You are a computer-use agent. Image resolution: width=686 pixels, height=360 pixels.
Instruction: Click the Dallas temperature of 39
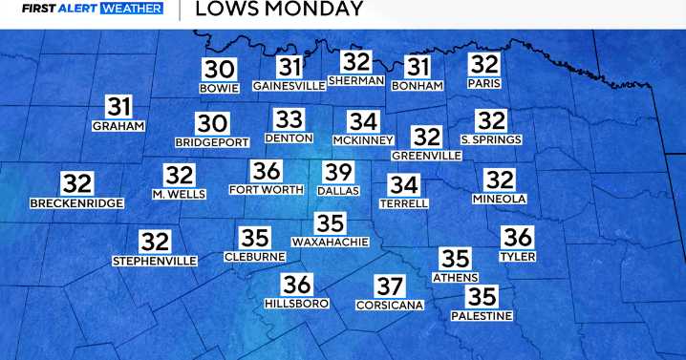click(x=338, y=172)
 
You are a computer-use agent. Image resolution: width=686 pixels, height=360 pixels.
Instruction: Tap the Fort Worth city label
click(x=267, y=189)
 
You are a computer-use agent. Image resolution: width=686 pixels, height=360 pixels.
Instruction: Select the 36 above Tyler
click(x=517, y=238)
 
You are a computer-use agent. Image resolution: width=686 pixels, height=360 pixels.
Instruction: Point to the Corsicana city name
click(x=389, y=305)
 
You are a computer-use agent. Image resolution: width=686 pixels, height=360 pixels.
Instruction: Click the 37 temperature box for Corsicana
click(x=389, y=286)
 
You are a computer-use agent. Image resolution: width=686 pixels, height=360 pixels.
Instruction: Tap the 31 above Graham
click(x=118, y=107)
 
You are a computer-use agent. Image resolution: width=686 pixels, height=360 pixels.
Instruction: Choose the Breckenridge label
click(x=76, y=202)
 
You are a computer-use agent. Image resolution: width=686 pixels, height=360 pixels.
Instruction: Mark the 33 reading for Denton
click(x=289, y=119)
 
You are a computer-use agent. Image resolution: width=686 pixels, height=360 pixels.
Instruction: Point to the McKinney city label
click(x=362, y=140)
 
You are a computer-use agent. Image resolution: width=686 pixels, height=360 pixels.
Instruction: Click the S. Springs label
click(x=491, y=139)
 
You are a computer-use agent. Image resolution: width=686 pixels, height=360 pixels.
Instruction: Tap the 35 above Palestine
click(x=483, y=297)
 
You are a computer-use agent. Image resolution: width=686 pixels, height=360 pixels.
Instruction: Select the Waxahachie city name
click(x=331, y=242)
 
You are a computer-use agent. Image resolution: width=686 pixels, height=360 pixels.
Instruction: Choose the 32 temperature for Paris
click(x=484, y=65)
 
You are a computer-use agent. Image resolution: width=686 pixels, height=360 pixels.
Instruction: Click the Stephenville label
click(x=155, y=261)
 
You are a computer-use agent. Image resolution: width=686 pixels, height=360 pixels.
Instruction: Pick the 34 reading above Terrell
click(x=403, y=184)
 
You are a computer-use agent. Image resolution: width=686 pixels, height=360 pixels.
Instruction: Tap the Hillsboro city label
click(x=296, y=303)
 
